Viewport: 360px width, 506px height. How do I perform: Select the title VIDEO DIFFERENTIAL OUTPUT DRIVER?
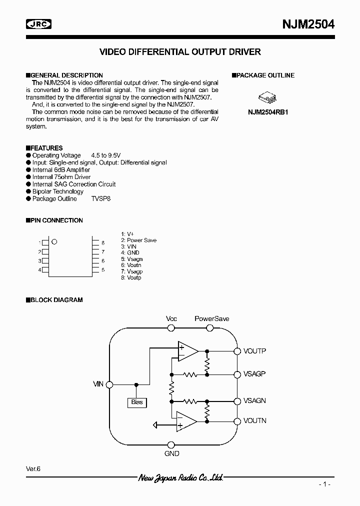pos(180,52)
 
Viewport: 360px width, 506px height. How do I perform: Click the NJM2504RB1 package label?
pos(268,112)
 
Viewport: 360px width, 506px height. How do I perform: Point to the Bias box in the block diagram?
pos(136,402)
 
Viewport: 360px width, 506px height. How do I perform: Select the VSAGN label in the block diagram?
pos(254,400)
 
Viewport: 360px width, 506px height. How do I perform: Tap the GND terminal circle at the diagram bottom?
pos(171,444)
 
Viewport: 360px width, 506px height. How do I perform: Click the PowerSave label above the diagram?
pos(211,318)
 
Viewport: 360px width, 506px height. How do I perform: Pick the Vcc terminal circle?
pos(171,328)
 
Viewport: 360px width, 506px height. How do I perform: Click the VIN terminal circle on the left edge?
pos(109,384)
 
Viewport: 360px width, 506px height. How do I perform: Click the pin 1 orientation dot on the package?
pos(54,241)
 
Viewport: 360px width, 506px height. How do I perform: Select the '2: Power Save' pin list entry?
pos(138,240)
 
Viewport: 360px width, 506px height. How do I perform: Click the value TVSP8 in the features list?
pos(101,198)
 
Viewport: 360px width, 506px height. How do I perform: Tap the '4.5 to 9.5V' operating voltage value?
pos(105,155)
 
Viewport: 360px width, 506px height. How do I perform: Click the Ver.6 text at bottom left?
pos(33,468)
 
